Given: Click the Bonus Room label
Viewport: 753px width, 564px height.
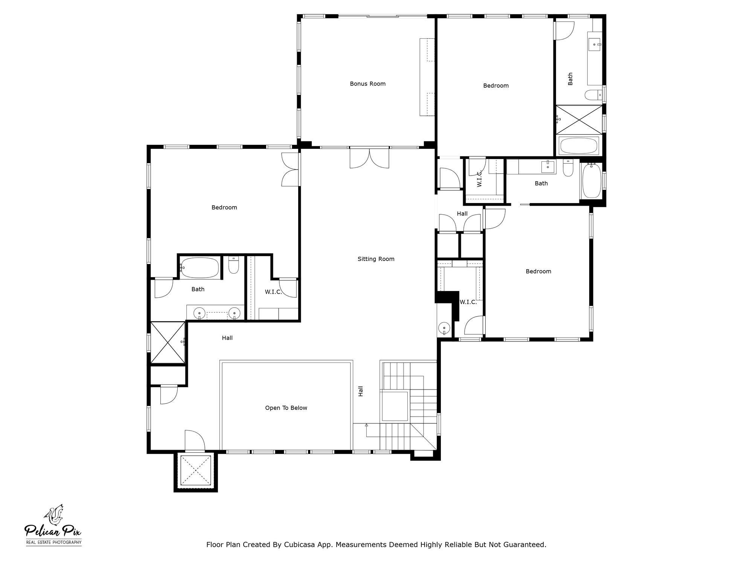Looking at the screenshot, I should click(x=367, y=84).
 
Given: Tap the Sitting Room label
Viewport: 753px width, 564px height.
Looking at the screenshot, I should click(x=376, y=259).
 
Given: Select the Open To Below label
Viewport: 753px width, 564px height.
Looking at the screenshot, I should click(x=286, y=408).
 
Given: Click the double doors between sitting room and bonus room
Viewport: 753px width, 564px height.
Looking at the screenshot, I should click(x=369, y=158).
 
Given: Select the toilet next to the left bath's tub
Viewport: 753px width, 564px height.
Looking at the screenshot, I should click(x=233, y=265).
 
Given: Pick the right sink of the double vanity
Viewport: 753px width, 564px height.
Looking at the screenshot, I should click(x=234, y=313).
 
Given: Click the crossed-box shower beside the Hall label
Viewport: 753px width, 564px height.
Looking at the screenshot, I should click(x=168, y=342).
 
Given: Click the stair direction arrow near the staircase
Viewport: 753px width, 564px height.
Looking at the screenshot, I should click(x=366, y=425).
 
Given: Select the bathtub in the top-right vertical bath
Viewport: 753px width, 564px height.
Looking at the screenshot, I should click(x=579, y=146).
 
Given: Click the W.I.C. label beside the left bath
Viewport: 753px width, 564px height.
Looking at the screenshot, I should click(x=273, y=292).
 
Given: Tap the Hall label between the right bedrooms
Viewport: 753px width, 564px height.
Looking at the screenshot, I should click(x=462, y=214).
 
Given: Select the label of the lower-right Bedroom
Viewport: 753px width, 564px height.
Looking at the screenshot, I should click(x=538, y=271).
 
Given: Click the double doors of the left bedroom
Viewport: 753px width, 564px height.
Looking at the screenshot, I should click(x=290, y=169).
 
